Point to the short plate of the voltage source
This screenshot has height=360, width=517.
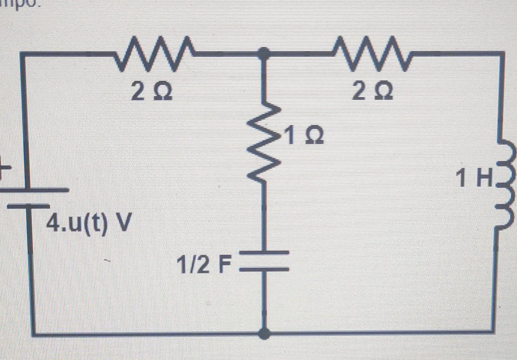tap(28, 206)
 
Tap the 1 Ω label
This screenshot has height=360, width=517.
tap(304, 135)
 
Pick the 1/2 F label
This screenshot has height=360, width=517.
tap(204, 265)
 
